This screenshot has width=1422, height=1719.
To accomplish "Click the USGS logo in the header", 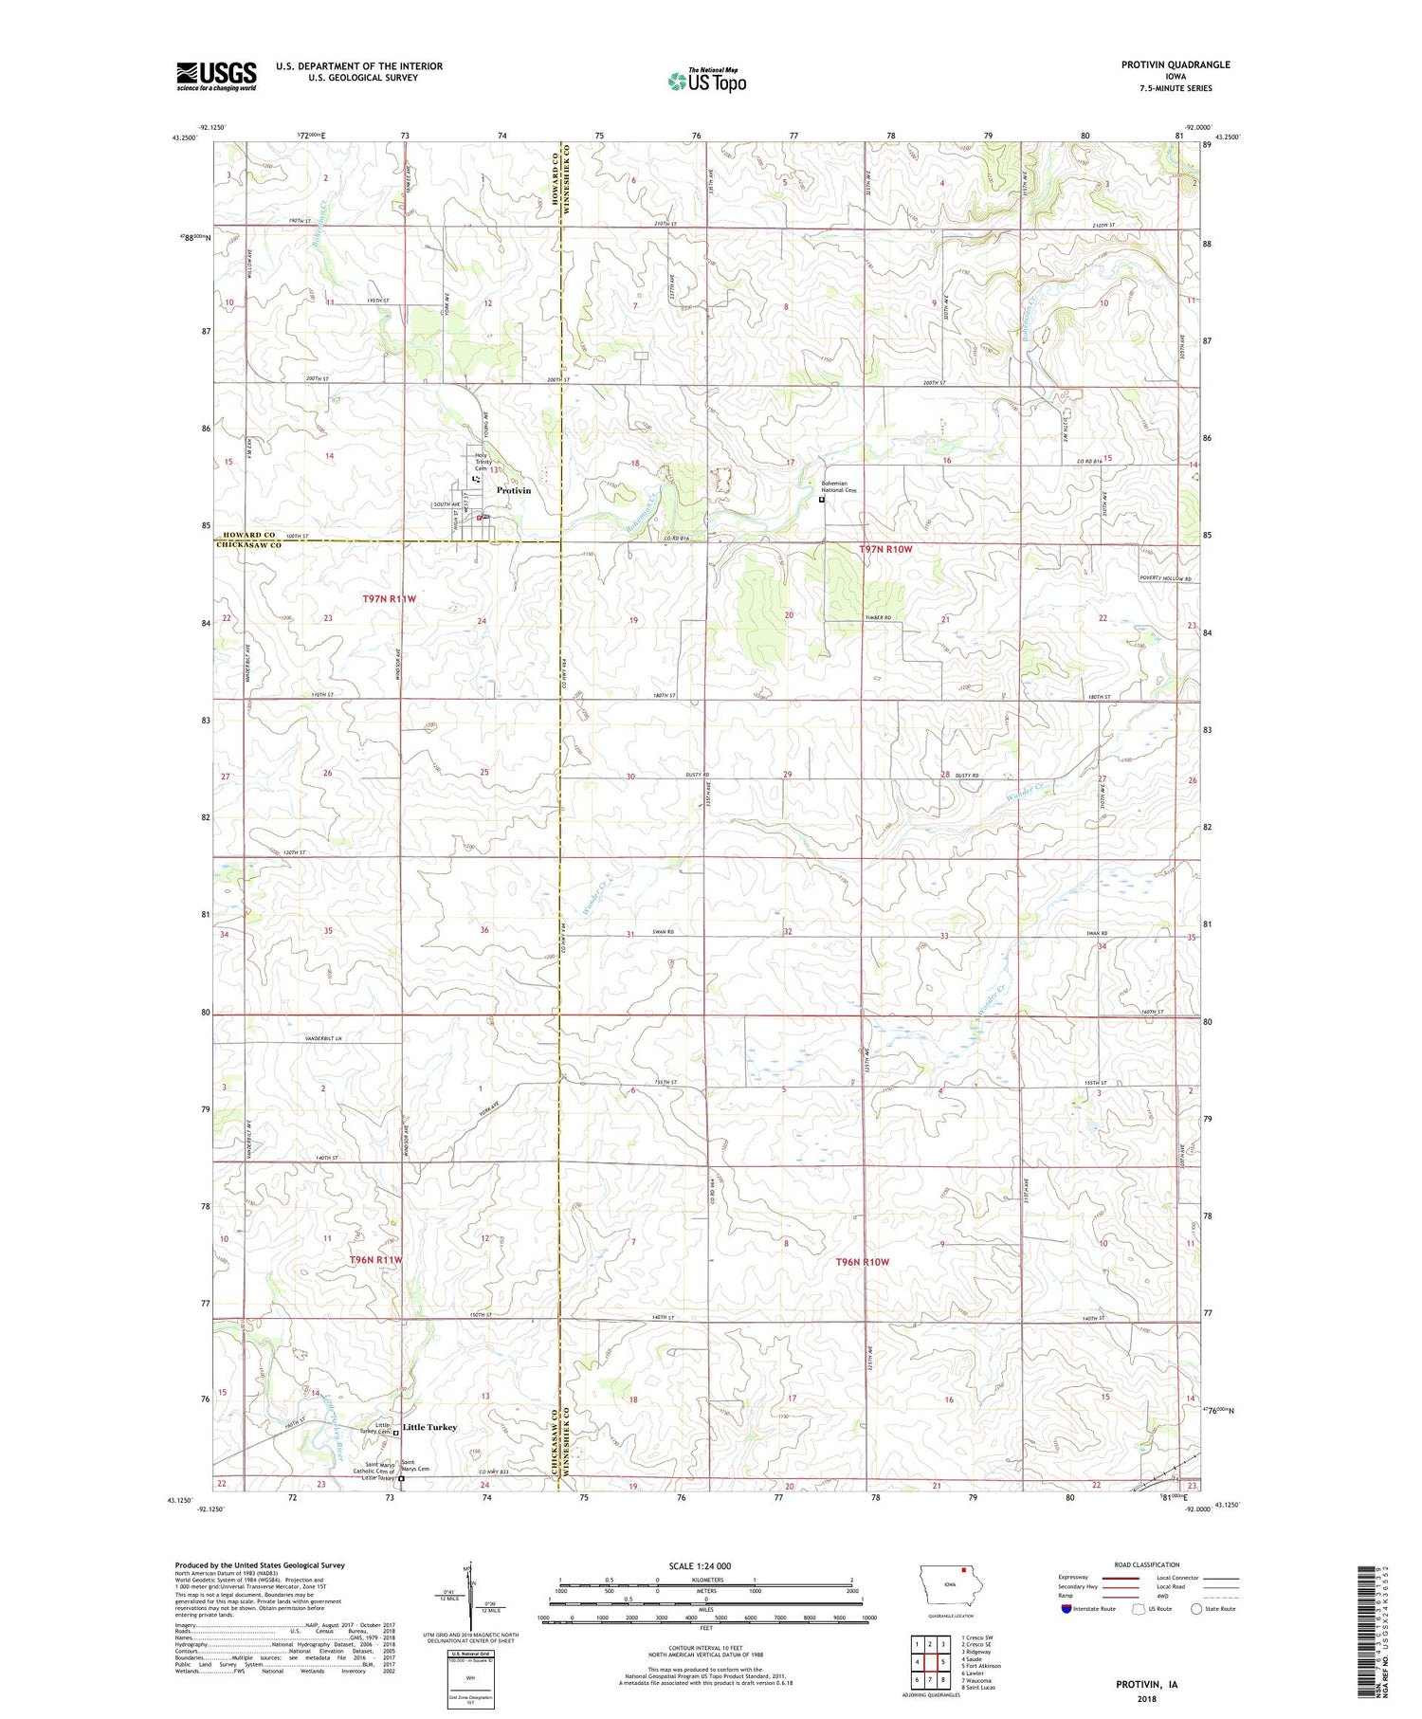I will (x=216, y=76).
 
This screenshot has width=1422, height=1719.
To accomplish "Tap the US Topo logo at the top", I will (x=706, y=82).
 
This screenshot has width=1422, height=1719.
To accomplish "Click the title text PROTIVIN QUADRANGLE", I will (x=1176, y=64).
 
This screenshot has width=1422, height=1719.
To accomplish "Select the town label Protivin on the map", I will (x=514, y=490).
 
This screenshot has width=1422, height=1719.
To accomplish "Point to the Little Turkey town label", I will (x=429, y=1426).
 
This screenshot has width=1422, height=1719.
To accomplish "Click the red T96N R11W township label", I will (x=376, y=1260).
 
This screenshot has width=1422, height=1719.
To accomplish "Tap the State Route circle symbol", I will (x=1196, y=1608).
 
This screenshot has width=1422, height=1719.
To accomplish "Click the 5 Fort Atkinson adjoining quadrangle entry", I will (x=982, y=1666).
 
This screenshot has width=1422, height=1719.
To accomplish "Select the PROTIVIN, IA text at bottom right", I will (x=1147, y=1685).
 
